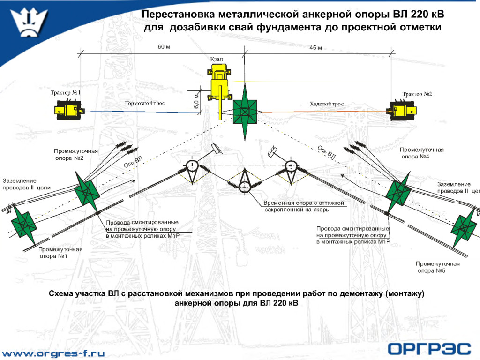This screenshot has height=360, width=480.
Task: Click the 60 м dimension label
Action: [163, 47]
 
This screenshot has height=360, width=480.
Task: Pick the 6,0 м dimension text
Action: [196, 100]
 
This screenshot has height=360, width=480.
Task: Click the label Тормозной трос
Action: [145, 103]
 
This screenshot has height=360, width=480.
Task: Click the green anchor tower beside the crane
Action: [245, 112]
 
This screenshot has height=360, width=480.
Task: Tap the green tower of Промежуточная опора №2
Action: [86, 190]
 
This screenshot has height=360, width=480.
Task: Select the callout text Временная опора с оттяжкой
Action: [304, 203]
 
